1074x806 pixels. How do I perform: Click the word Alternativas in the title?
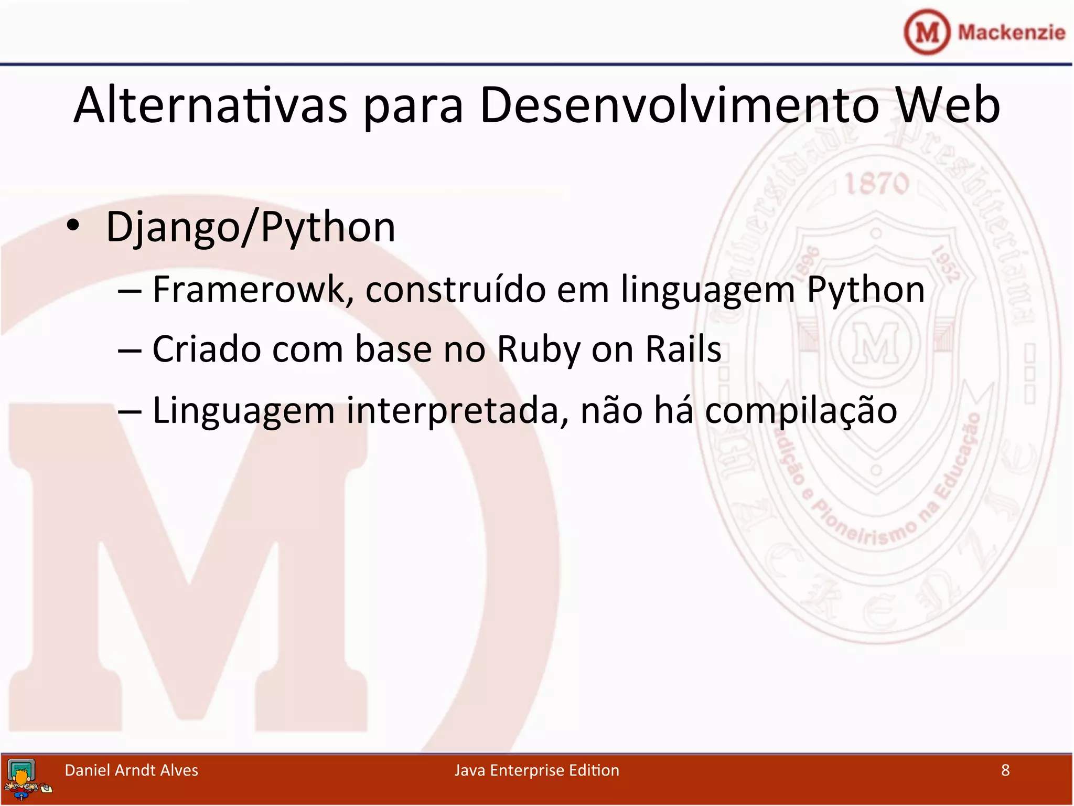tap(210, 106)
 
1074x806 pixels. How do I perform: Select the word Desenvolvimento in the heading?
tap(679, 106)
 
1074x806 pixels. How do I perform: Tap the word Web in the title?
tap(948, 106)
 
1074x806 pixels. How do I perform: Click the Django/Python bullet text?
tap(251, 227)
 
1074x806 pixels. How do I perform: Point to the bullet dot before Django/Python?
tap(73, 226)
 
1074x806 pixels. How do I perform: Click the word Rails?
tap(683, 348)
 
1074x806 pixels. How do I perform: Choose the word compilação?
tap(801, 411)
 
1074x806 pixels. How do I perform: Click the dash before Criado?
tap(130, 349)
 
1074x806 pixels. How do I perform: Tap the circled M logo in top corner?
tap(927, 32)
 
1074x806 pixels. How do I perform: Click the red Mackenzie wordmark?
tap(1012, 33)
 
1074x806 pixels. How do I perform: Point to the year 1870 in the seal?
tap(877, 184)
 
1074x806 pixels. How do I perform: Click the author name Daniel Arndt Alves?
tap(131, 770)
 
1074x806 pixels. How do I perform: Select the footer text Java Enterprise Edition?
tap(536, 770)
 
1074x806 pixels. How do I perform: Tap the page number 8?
tap(1005, 770)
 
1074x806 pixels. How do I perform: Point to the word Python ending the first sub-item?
tap(865, 290)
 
